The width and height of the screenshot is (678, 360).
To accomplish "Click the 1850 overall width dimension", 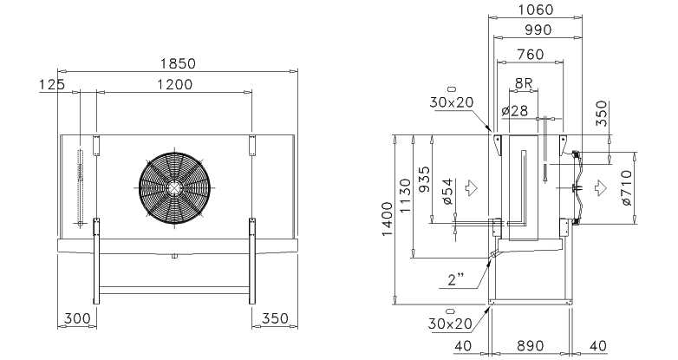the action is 178,63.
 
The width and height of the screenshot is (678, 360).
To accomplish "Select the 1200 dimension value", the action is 174,84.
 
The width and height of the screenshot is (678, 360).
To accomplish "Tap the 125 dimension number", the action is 52,84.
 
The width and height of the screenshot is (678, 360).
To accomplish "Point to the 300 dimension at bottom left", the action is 77,319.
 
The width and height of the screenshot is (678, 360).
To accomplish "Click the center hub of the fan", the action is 174,187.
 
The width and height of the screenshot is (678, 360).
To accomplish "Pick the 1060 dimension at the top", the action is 535,10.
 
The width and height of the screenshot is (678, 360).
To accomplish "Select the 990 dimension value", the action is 538,29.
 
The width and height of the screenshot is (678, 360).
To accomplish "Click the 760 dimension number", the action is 530,55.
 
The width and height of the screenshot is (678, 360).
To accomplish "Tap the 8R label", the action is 524,83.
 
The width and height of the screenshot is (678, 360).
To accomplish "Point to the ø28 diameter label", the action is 515,111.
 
